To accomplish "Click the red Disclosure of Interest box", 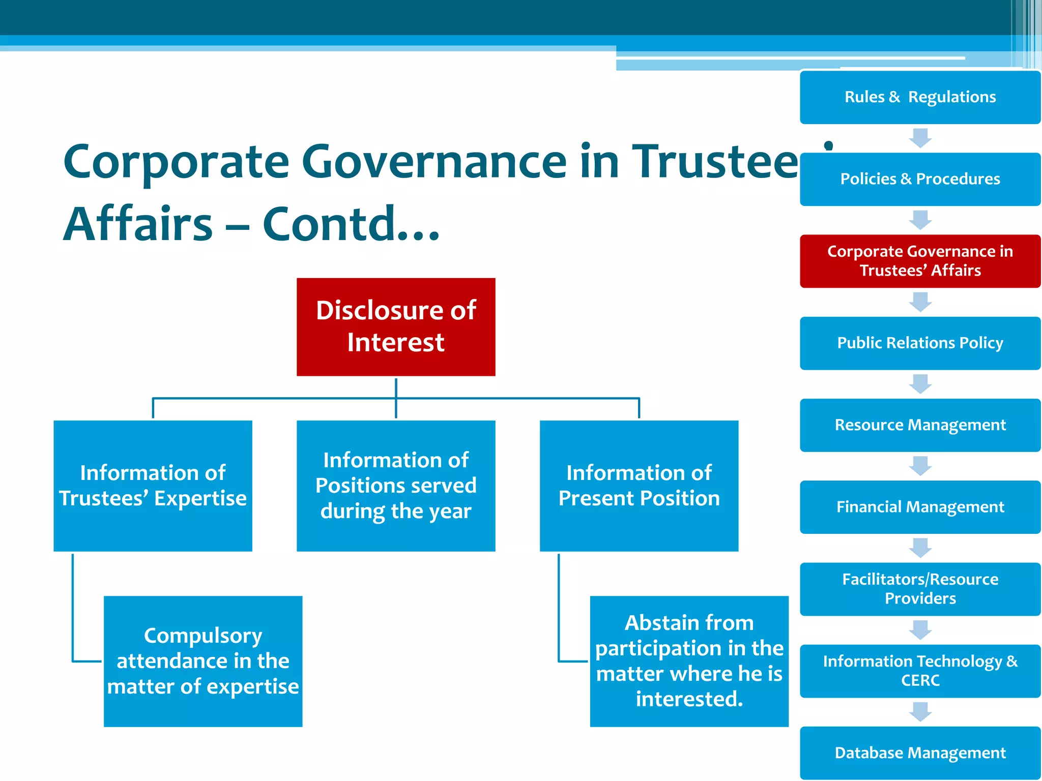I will click(x=396, y=326).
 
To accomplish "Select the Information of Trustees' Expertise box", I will click(x=153, y=486).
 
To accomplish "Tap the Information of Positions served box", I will click(x=396, y=486).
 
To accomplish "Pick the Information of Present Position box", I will click(x=639, y=486).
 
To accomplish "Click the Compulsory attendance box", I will click(x=203, y=661).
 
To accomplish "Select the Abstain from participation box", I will click(x=689, y=661).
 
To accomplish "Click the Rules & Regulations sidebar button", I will click(x=920, y=97).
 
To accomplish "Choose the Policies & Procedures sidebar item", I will click(x=920, y=179).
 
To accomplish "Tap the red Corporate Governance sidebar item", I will click(x=920, y=261).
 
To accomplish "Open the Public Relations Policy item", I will click(x=920, y=343).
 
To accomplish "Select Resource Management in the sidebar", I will click(x=920, y=425).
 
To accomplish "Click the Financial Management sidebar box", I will click(x=920, y=507).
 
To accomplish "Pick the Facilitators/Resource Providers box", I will click(x=920, y=589).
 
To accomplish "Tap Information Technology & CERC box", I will click(x=920, y=671).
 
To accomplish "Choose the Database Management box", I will click(x=920, y=753).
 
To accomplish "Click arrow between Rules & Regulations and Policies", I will click(x=920, y=138).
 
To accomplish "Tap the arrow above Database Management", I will click(x=920, y=712).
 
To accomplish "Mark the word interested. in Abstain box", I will click(x=689, y=699).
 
